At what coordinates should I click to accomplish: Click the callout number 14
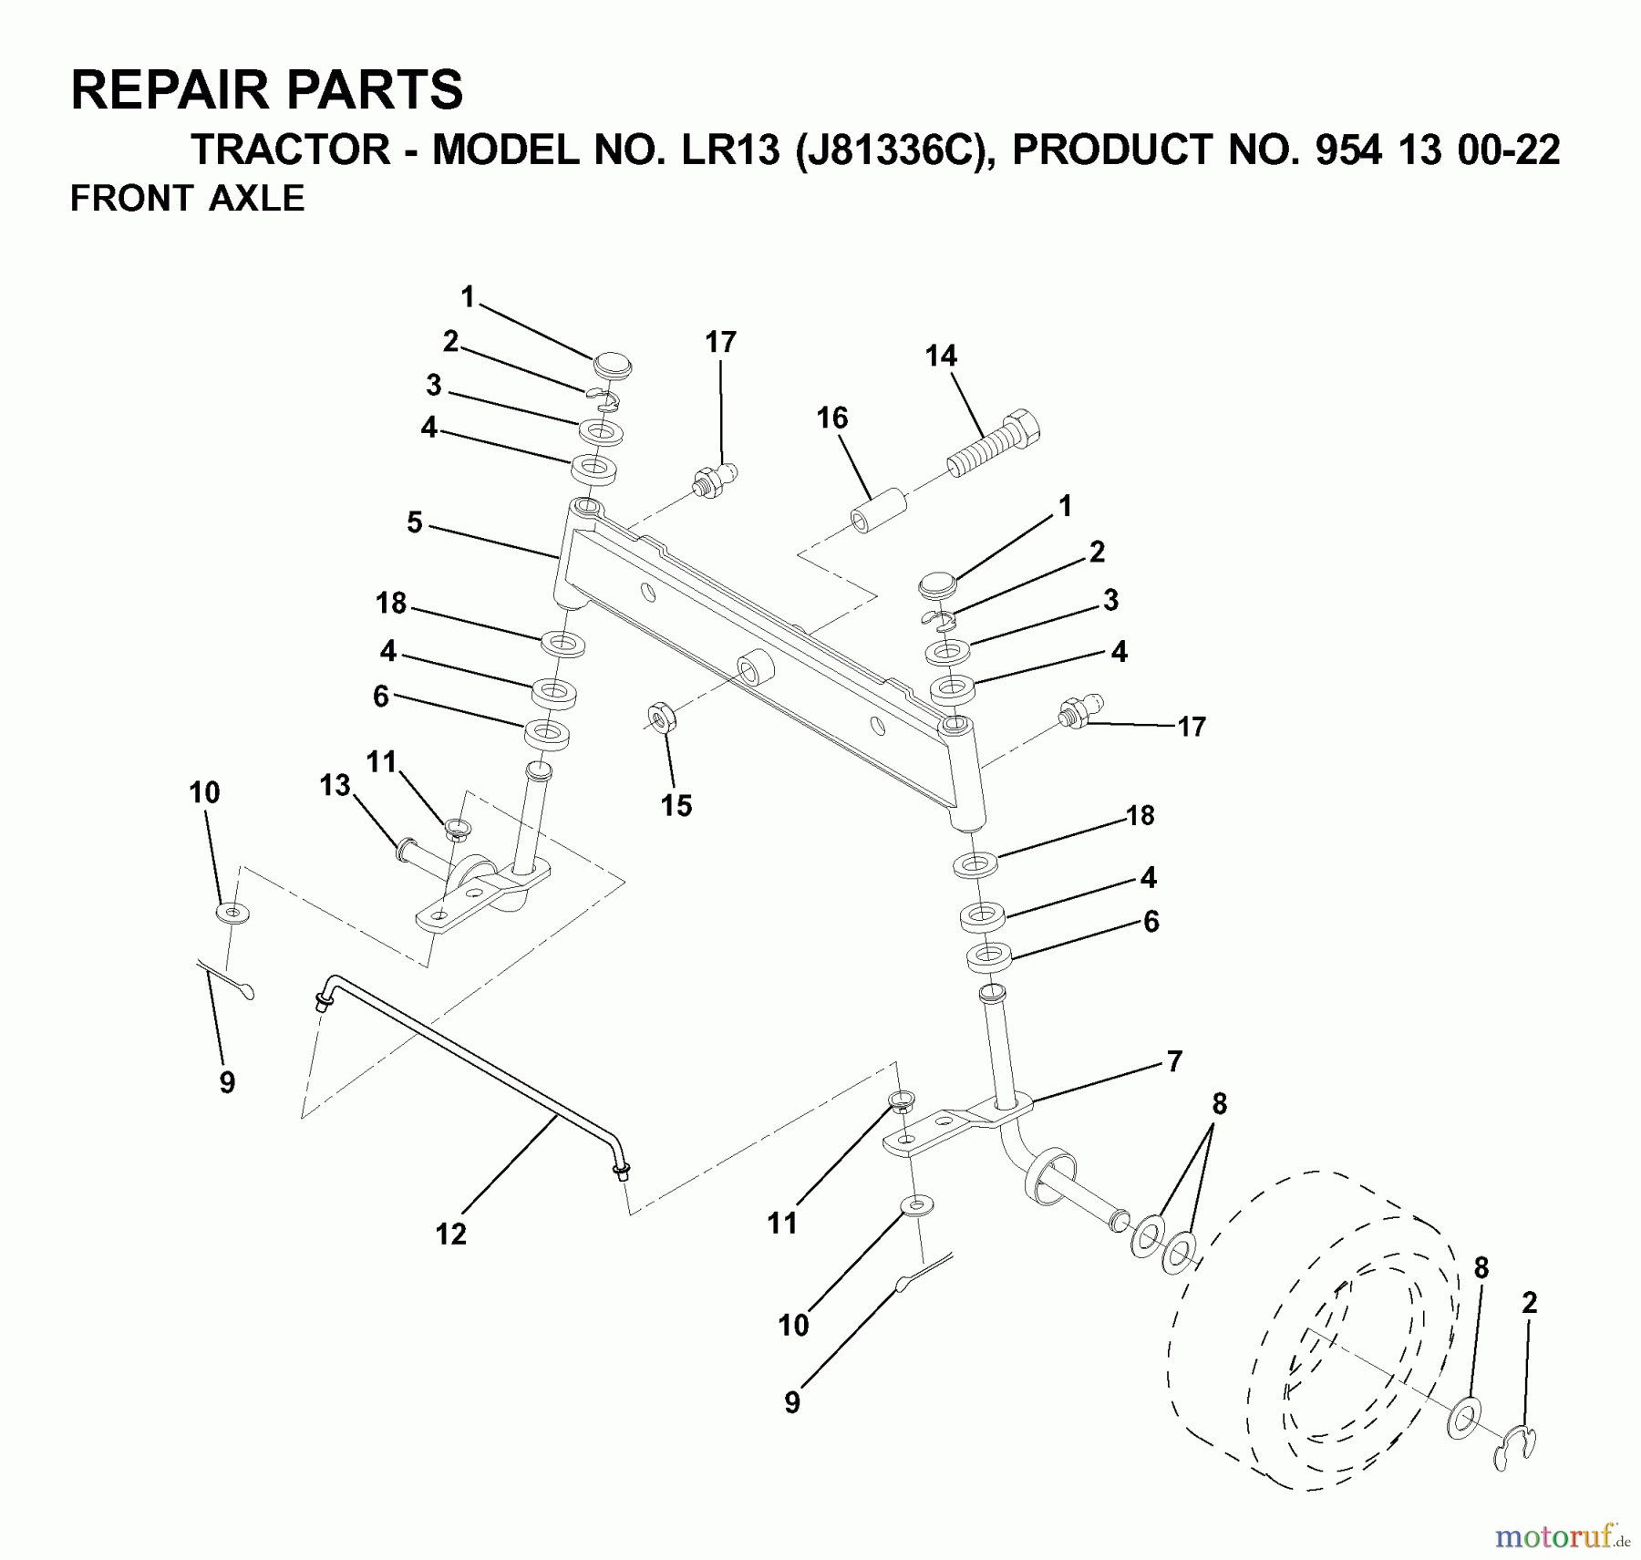coord(941,356)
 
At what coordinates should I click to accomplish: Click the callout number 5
coord(415,522)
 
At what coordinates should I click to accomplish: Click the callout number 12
coord(451,1234)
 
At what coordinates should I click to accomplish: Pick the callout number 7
coord(1174,1060)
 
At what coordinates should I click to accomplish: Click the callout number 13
coord(335,785)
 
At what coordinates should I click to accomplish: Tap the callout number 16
coord(831,418)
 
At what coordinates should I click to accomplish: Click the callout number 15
coord(676,805)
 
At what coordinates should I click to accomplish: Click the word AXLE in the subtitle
coord(257,198)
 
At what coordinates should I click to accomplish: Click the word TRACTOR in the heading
coord(292,150)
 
